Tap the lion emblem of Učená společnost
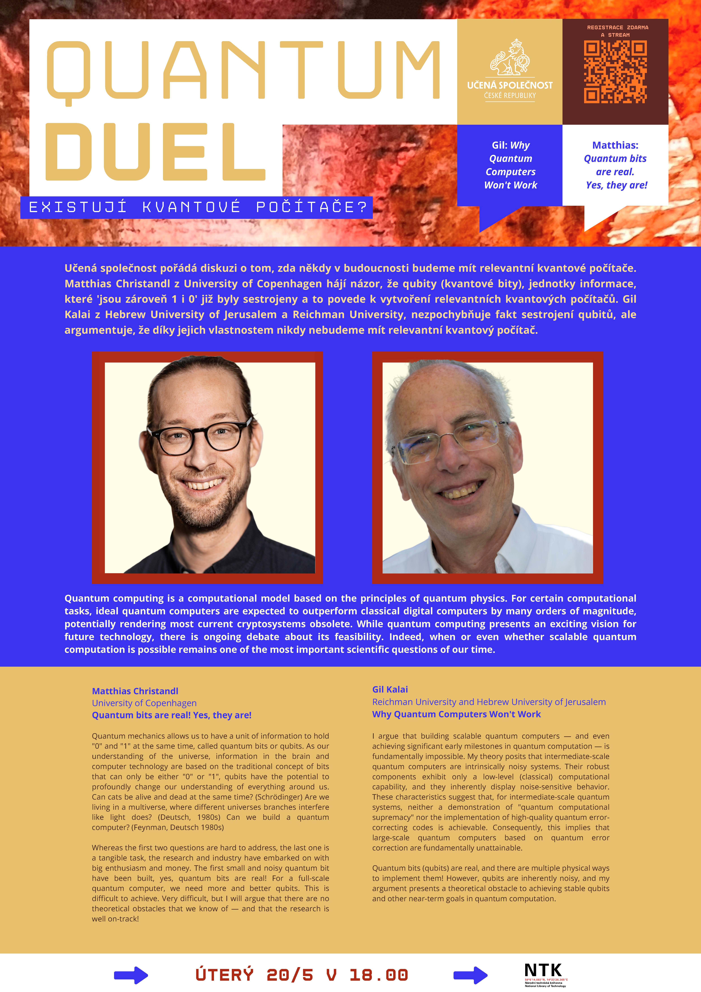[510, 57]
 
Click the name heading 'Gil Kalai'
[390, 690]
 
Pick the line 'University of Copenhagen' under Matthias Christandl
[144, 703]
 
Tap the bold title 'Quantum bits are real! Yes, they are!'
[171, 715]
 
